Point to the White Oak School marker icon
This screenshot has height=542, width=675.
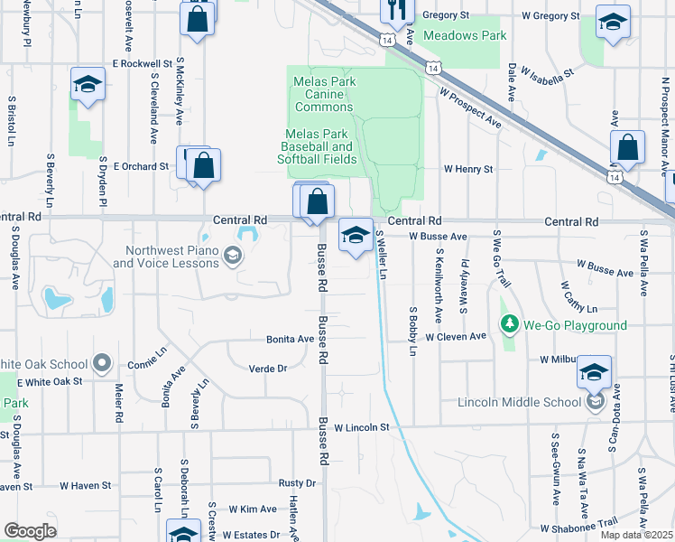click(102, 365)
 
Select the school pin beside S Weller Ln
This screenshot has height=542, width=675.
click(356, 237)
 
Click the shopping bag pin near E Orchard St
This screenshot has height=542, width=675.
click(204, 166)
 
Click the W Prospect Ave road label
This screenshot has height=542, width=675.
click(470, 106)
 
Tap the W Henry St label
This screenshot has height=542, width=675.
click(467, 169)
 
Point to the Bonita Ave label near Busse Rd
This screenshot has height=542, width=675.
click(290, 340)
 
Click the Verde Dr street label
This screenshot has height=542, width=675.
click(268, 369)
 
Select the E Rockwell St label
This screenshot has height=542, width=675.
click(142, 64)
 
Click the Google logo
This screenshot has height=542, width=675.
click(30, 531)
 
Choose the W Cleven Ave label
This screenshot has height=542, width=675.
click(456, 336)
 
